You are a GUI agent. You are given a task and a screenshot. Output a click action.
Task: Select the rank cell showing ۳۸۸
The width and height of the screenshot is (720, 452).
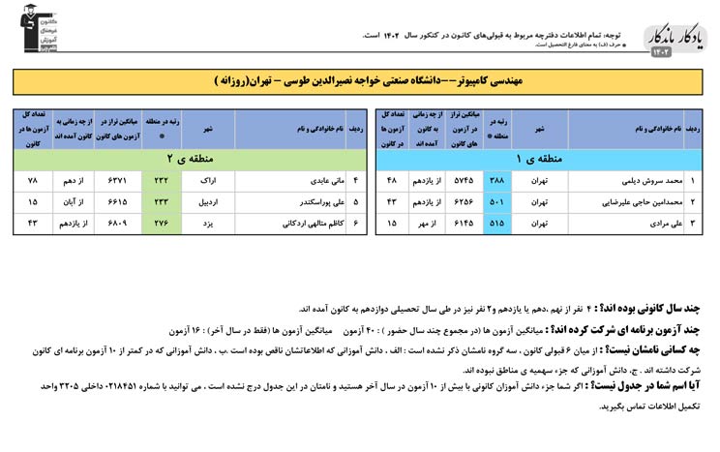click(x=496, y=181)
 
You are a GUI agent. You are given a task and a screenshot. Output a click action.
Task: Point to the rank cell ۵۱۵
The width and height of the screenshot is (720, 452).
click(x=496, y=224)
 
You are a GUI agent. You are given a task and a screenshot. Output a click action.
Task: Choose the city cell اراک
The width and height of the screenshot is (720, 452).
click(x=208, y=181)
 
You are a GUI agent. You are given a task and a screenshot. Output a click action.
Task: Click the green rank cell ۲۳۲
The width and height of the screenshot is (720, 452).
click(x=162, y=181)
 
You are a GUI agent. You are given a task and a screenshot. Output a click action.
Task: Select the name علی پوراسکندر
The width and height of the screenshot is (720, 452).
click(x=295, y=202)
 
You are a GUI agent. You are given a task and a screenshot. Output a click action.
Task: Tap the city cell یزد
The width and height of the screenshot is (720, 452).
click(x=208, y=224)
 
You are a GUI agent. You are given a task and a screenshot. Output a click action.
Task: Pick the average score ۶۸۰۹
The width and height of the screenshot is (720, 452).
click(x=116, y=224)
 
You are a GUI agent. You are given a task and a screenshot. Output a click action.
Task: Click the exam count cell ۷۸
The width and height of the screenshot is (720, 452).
click(x=32, y=181)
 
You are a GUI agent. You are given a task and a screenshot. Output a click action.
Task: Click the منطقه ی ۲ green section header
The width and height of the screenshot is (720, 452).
click(x=183, y=159)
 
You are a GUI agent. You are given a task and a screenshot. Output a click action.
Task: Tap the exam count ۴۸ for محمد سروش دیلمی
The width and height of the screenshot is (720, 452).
click(x=392, y=181)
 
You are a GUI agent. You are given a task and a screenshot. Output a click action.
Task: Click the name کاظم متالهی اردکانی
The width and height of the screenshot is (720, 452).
click(x=290, y=224)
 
